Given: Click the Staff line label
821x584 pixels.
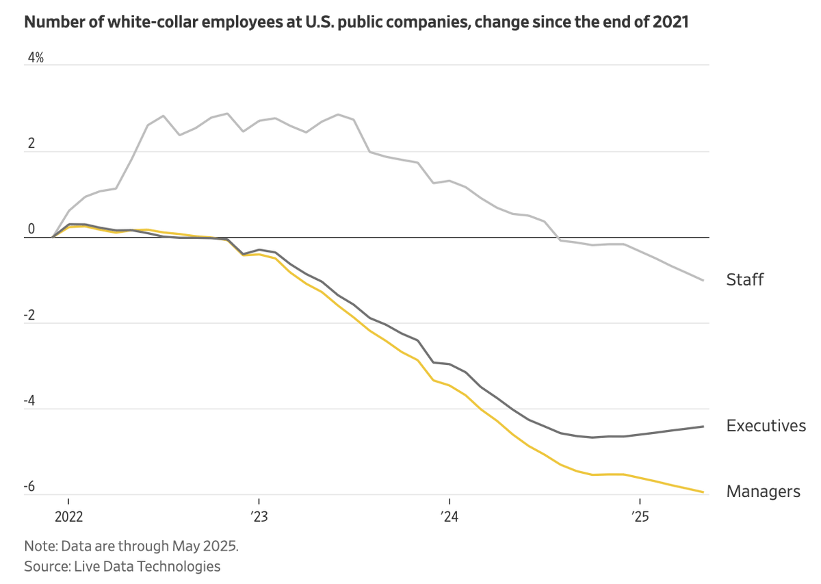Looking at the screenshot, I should pos(744,279).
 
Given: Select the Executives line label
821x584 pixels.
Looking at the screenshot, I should pos(766,426).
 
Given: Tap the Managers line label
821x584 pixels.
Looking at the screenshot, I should pos(763,492).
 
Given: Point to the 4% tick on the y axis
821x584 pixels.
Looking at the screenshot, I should pos(35,59).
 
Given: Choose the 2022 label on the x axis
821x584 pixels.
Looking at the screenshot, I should pos(68,515).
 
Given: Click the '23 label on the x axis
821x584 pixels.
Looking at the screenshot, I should pos(259,515).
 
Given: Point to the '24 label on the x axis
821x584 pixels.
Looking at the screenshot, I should pos(449,515).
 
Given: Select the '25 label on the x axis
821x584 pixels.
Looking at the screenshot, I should pos(639,515).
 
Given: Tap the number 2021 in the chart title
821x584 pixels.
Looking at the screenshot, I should pos(670,23).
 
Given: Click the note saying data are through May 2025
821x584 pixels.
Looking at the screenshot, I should pos(131,546).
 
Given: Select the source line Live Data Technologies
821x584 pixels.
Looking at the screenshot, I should pos(122,566).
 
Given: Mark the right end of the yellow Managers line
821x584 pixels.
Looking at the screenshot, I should pos(704,492).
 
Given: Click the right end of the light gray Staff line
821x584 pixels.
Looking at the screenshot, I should pos(704,280).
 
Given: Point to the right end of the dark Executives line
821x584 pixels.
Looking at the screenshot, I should pos(704,427).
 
